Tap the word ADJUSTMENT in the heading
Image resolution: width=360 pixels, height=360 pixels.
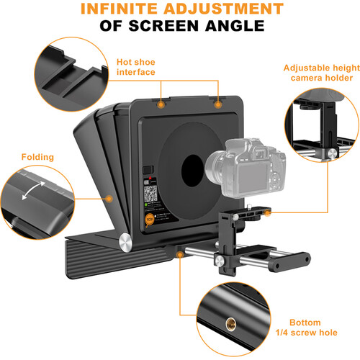pyautogui.click(x=229, y=10)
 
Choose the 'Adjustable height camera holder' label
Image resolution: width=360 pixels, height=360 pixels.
pyautogui.click(x=317, y=71)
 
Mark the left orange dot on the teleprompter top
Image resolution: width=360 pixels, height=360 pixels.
pyautogui.click(x=162, y=104)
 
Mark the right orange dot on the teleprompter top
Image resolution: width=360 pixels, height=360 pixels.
pyautogui.click(x=217, y=104)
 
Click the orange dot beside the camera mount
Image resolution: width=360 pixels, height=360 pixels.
pyautogui.click(x=266, y=212)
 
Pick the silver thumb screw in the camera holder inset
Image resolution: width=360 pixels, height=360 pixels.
pyautogui.click(x=331, y=153)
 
